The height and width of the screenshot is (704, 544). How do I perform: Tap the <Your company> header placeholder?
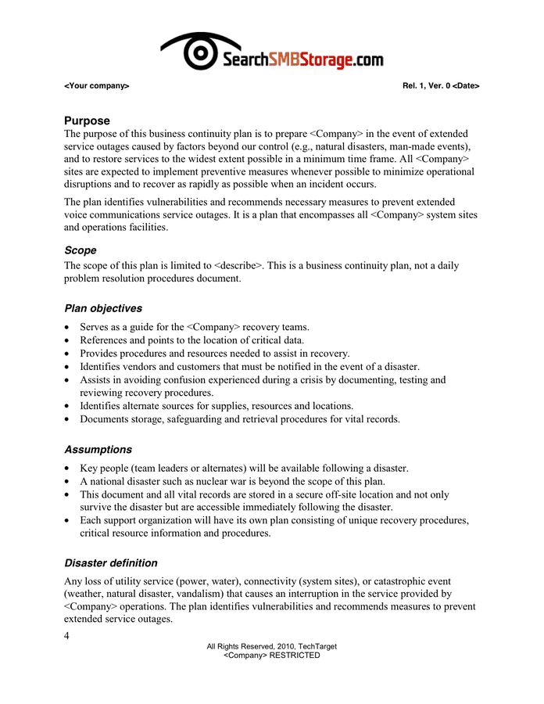point(97,85)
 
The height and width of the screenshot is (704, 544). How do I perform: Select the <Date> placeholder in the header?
point(466,85)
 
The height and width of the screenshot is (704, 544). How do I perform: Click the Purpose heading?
point(87,121)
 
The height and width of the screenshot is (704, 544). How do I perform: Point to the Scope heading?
point(81,250)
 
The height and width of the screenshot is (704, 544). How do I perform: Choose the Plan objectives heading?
point(103,308)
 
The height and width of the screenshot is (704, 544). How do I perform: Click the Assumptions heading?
point(98,450)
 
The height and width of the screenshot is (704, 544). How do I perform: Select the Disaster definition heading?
point(111,563)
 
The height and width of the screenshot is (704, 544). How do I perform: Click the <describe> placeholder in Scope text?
point(238,266)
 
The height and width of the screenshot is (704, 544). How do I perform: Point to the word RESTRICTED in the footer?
point(295,656)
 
